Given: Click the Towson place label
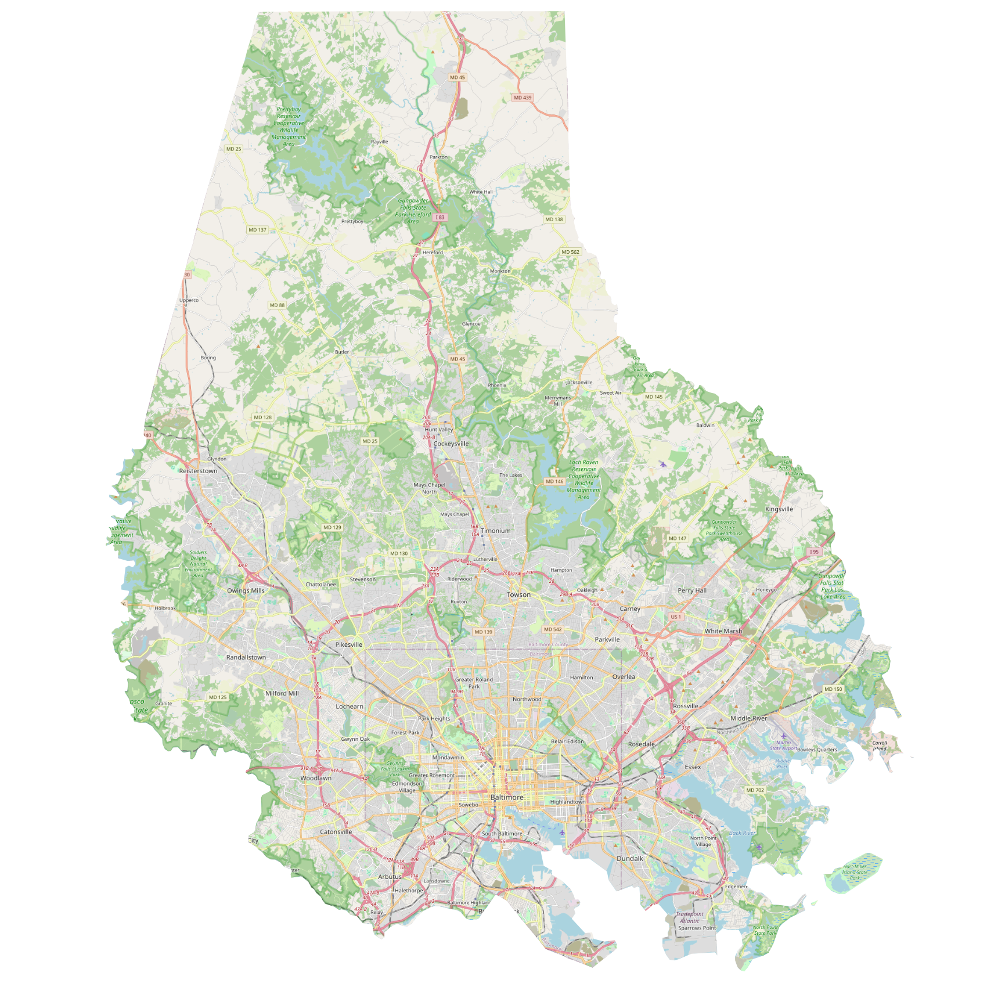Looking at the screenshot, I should click(x=518, y=595).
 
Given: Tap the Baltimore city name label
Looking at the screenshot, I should click(x=506, y=797).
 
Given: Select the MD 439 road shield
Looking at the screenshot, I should click(x=523, y=98).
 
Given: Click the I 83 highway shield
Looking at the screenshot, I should click(x=440, y=217).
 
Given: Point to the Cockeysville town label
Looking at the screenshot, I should click(x=451, y=444).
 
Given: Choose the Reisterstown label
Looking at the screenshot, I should click(x=198, y=471).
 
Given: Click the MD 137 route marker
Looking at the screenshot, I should click(x=257, y=230).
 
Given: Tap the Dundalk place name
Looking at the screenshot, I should click(x=629, y=858).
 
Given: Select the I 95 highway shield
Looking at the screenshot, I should click(x=814, y=552).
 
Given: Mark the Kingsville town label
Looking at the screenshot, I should click(x=779, y=509).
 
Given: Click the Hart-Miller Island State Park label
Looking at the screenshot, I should click(x=855, y=871).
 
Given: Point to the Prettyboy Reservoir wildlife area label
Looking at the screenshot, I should click(x=289, y=126).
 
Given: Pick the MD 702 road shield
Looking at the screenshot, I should click(x=755, y=790).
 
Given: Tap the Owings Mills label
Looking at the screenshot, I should click(x=246, y=590).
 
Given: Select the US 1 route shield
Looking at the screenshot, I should click(x=676, y=617).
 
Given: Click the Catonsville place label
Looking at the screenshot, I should click(x=336, y=831).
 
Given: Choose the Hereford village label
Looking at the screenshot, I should click(x=433, y=253).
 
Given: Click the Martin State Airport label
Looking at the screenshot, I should click(x=784, y=745).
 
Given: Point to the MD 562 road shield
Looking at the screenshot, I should click(x=570, y=252).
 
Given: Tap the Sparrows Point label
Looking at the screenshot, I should click(x=697, y=928).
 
